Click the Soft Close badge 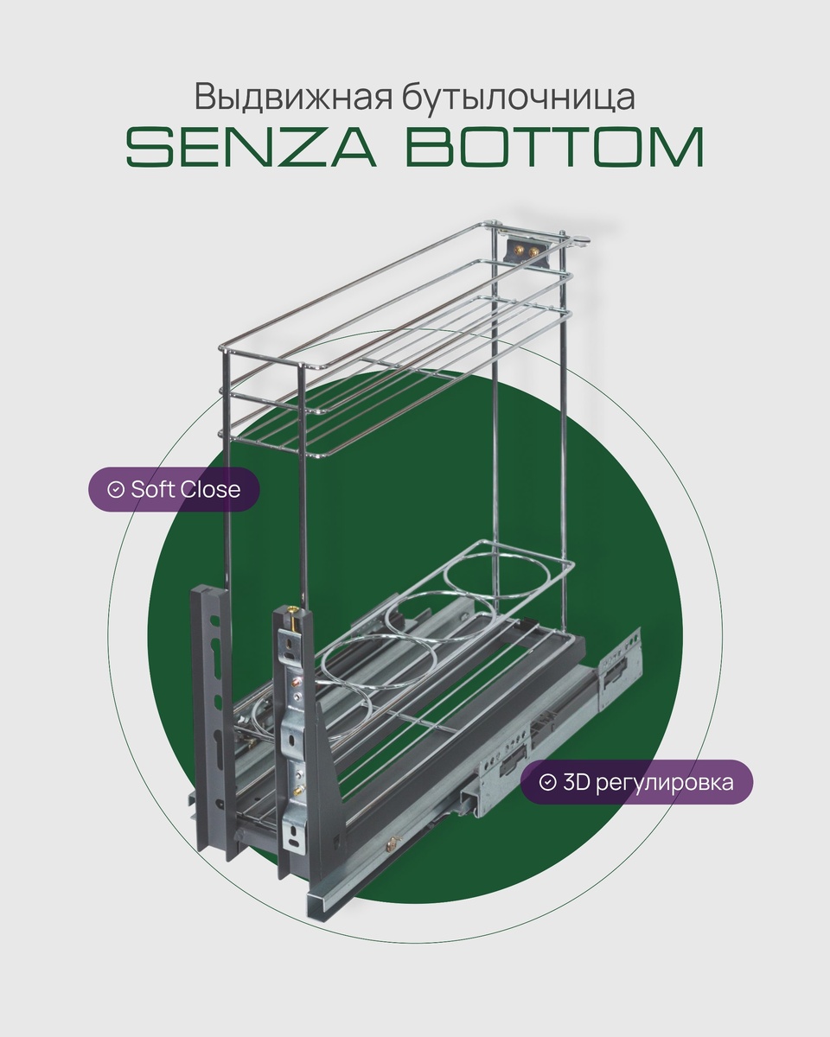point(175,489)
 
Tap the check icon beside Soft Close point(115,490)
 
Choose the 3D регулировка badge point(636,783)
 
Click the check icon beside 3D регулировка point(547,783)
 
